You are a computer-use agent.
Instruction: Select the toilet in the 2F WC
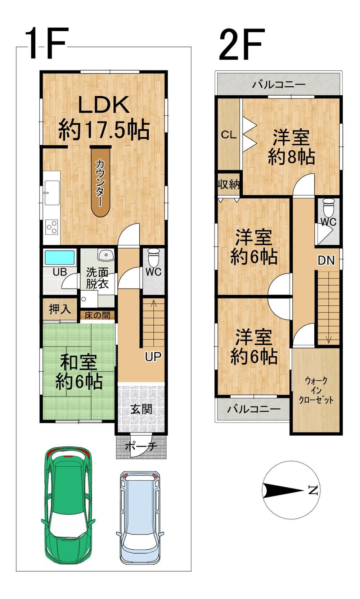327,207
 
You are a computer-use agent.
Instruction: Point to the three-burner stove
52,227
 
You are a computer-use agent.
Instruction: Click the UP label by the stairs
153,356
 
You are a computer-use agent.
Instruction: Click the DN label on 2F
326,260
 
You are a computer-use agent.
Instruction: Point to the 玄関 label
141,409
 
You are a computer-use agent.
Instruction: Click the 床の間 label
97,315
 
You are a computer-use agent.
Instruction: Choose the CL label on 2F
229,135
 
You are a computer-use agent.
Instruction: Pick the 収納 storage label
228,185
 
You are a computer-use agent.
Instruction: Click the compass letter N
312,490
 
